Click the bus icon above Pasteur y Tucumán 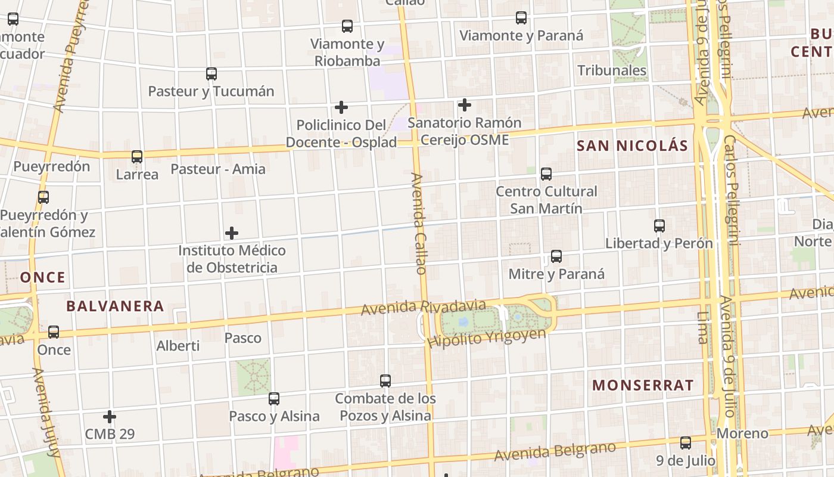(211, 74)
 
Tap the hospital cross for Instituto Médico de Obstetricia (232, 233)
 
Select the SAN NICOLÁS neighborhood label (632, 145)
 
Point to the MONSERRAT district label (643, 385)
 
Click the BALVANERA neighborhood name (115, 306)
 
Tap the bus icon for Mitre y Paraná (556, 256)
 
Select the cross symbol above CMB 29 (110, 417)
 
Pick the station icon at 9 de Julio (686, 443)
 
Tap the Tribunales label (612, 70)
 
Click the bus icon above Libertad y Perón (659, 226)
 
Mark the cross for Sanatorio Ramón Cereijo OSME (465, 106)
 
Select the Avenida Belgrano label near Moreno (555, 452)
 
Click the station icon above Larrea (137, 157)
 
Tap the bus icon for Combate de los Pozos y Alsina (385, 380)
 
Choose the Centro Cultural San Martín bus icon (546, 174)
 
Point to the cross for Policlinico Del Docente (341, 107)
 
